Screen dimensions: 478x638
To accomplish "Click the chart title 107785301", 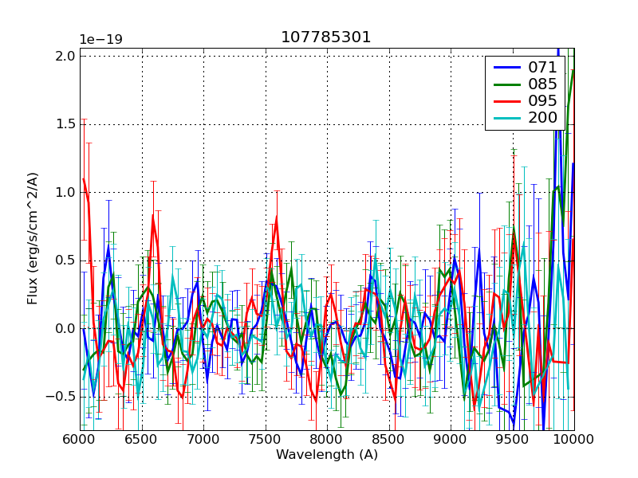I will click(x=326, y=37).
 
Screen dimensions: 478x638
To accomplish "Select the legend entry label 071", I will click(x=542, y=68).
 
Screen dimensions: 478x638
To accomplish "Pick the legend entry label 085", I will click(x=542, y=84).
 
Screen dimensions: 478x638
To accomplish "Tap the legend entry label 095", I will click(x=542, y=101).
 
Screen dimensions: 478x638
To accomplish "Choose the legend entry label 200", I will click(x=542, y=118).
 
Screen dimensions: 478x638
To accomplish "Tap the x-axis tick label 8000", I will click(x=326, y=441).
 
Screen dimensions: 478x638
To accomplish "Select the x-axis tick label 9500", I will click(x=512, y=441).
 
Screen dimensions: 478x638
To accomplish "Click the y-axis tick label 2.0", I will click(x=66, y=56).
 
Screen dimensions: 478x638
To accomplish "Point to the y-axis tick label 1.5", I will click(x=66, y=124).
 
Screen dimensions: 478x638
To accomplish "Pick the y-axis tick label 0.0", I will click(x=66, y=328).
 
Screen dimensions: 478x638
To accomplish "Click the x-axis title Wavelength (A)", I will click(x=326, y=455).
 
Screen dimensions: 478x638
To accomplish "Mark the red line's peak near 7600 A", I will click(x=277, y=217).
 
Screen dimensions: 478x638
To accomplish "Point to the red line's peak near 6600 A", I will click(x=153, y=215).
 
